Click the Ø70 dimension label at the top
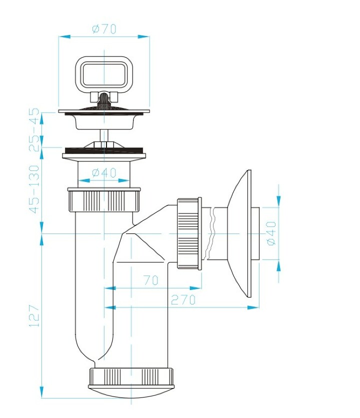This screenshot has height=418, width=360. pyautogui.click(x=104, y=29)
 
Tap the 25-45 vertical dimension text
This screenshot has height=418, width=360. pyautogui.click(x=34, y=130)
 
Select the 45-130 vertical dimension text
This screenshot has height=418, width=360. pyautogui.click(x=34, y=189)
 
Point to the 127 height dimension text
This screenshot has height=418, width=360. pyautogui.click(x=34, y=316)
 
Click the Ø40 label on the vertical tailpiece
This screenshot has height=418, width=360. pyautogui.click(x=104, y=172)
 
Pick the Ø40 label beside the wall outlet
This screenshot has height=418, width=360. pyautogui.click(x=271, y=233)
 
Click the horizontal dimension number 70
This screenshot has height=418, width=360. pyautogui.click(x=151, y=280)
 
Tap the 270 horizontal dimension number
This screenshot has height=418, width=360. pyautogui.click(x=183, y=299)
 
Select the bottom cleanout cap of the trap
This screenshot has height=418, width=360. pyautogui.click(x=131, y=382)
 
